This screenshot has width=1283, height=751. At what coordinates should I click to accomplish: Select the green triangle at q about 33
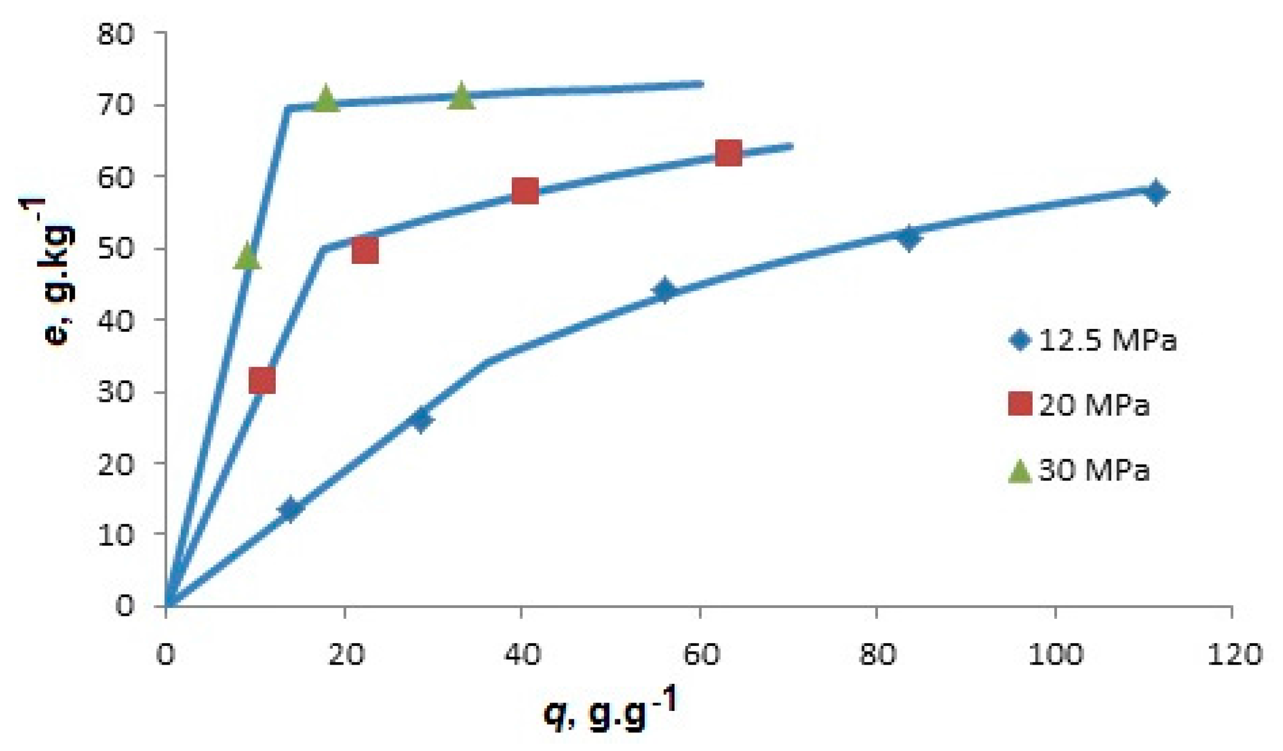(x=461, y=95)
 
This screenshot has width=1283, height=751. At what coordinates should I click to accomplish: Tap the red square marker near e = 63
(x=728, y=153)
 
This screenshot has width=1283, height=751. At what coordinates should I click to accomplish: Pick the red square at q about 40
(x=525, y=191)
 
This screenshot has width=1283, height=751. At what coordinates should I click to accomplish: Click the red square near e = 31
(x=262, y=380)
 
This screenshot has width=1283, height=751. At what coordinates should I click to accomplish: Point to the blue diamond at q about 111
(x=1155, y=193)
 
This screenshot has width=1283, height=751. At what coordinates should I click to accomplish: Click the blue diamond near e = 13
(x=290, y=509)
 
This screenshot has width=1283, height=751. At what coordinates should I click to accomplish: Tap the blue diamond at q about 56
(x=664, y=290)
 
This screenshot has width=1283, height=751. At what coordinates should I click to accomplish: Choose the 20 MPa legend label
(x=1094, y=405)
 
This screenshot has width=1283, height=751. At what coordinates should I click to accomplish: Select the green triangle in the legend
(x=1020, y=471)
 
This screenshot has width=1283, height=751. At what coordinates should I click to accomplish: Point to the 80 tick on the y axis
(x=116, y=34)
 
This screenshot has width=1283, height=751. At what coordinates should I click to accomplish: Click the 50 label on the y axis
(x=116, y=249)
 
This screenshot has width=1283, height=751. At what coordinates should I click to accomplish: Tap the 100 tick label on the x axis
(x=1055, y=654)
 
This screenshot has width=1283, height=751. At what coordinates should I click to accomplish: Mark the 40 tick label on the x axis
(x=522, y=654)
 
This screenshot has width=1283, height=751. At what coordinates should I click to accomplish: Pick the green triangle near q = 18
(x=325, y=99)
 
